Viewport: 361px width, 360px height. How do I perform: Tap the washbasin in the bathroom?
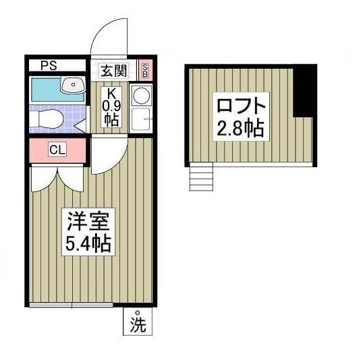click(x=72, y=85)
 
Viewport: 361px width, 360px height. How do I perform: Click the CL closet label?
click(x=57, y=150)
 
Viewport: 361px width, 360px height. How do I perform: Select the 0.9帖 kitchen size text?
click(x=111, y=113)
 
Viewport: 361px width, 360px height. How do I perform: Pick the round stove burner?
click(x=142, y=95)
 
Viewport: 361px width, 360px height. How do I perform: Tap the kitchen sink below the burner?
click(x=142, y=120)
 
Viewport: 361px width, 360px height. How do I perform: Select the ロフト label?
click(x=240, y=104)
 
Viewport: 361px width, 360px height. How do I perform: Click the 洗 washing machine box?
click(x=138, y=322)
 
